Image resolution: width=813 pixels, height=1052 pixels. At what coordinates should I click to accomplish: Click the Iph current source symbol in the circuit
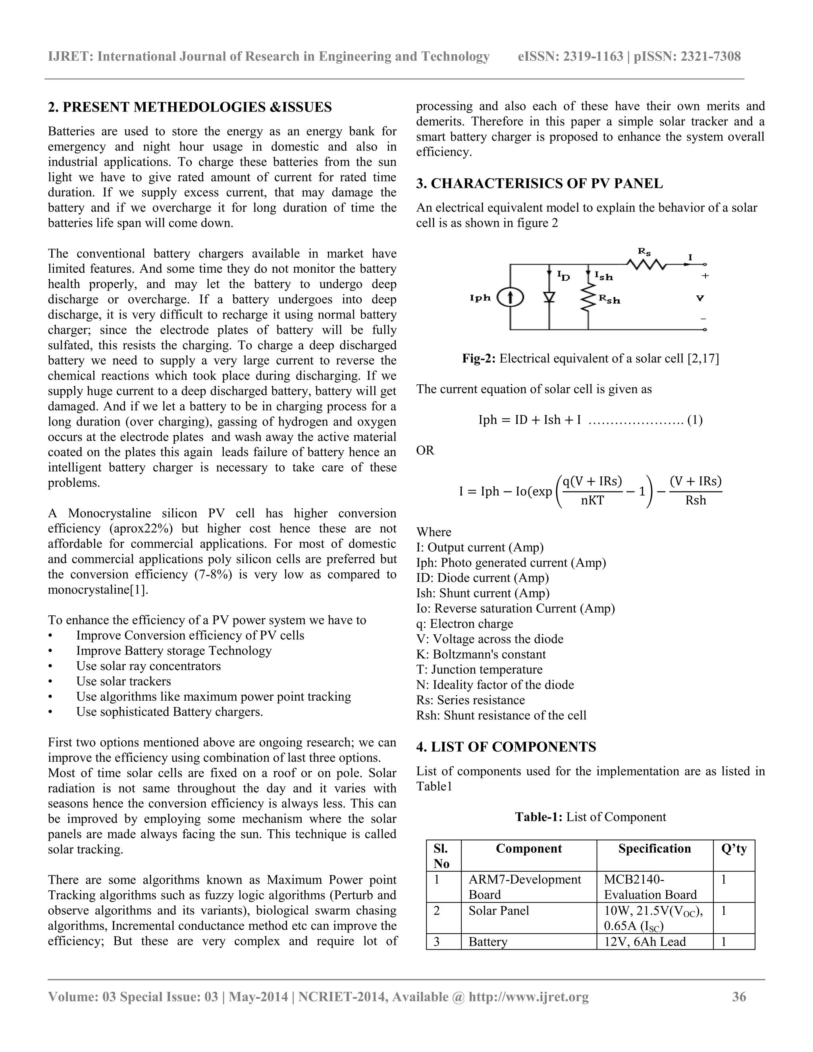pyautogui.click(x=510, y=299)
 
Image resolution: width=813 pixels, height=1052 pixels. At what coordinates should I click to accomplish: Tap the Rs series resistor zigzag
pyautogui.click(x=646, y=264)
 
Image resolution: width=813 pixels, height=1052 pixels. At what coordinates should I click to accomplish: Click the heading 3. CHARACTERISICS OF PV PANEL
pyautogui.click(x=539, y=183)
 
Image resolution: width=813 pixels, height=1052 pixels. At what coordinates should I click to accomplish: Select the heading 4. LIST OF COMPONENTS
pyautogui.click(x=506, y=747)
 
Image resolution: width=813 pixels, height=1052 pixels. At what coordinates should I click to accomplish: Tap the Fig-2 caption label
pyautogui.click(x=479, y=358)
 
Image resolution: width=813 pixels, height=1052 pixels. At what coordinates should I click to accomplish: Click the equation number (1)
pyautogui.click(x=695, y=420)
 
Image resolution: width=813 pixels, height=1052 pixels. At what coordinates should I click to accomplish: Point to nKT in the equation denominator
pyautogui.click(x=592, y=501)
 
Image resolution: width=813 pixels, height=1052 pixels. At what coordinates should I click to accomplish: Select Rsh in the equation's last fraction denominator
pyautogui.click(x=695, y=501)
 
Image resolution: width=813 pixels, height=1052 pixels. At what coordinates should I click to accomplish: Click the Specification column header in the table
pyautogui.click(x=654, y=848)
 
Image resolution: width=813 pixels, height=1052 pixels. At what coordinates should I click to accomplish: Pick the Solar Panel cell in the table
pyautogui.click(x=499, y=910)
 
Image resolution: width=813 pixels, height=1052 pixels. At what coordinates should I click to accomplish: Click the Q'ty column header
pyautogui.click(x=734, y=848)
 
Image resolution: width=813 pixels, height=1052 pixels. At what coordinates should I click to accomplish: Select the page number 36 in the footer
pyautogui.click(x=739, y=996)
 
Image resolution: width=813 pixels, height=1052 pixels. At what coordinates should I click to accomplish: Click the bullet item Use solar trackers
pyautogui.click(x=123, y=681)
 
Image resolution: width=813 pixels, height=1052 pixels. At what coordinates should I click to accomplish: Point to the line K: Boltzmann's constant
pyautogui.click(x=481, y=654)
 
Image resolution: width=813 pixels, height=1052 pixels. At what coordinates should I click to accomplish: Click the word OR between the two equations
pyautogui.click(x=425, y=451)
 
